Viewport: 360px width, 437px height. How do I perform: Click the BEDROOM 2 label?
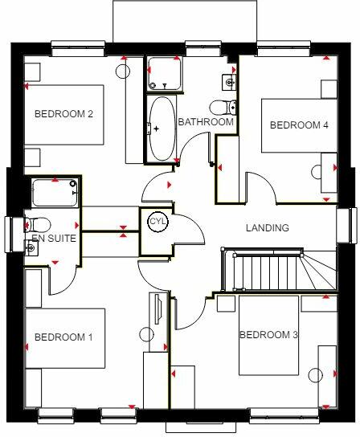63,114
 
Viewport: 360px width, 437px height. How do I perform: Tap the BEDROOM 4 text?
299,125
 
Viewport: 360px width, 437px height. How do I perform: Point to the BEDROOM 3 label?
268,334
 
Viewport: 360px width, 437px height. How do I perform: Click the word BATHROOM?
206,123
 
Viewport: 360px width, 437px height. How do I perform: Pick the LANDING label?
268,228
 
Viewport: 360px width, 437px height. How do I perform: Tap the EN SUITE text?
55,239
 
